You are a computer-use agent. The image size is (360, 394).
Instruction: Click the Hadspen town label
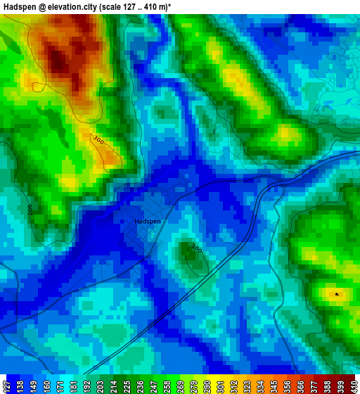148,221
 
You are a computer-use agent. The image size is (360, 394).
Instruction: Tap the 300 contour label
98,141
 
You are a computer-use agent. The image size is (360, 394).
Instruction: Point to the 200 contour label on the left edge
30,210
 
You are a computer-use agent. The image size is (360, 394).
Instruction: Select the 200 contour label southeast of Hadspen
196,249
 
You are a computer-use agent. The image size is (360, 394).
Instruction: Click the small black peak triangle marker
336,293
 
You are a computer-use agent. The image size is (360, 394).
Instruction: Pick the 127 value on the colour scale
6,386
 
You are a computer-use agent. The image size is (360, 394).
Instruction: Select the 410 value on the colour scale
353,386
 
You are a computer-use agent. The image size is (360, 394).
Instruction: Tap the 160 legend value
46,386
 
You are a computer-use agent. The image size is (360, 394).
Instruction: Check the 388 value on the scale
326,386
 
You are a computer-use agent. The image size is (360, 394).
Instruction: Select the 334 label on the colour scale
259,386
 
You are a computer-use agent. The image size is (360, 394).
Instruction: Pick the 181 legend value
72,386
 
